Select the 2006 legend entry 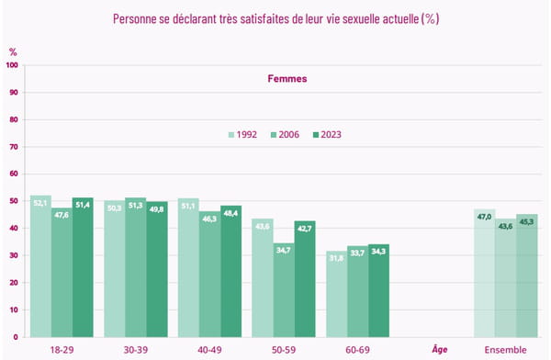coord(284,134)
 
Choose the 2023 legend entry coord(326,134)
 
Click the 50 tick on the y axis coord(14,201)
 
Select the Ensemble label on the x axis coord(505,350)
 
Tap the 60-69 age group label coord(357,350)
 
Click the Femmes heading coord(287,79)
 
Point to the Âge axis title coord(439,349)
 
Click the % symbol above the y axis coord(13,52)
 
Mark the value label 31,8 coord(336,257)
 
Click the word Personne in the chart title coord(137,18)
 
